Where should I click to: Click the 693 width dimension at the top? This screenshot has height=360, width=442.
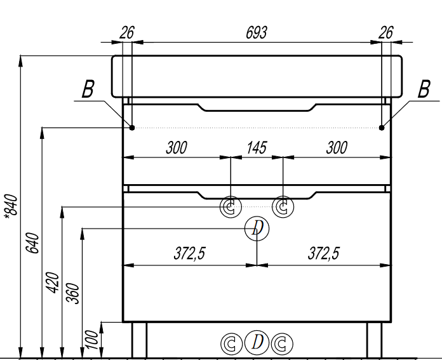256,32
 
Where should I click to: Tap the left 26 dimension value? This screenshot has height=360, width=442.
127,32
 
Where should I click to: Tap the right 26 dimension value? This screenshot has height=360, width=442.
385,32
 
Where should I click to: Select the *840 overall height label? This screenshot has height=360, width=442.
11,206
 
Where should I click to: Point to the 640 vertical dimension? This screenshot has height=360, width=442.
32,243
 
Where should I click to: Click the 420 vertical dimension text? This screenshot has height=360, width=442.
52,283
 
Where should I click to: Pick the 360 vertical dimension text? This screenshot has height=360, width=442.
72,293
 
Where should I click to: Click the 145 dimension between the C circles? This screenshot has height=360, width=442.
257,148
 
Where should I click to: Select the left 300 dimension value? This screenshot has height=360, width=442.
177,148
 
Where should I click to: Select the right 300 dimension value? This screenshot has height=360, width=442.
337,148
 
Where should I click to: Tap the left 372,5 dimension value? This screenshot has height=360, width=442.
189,253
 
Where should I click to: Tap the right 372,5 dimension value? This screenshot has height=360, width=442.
324,253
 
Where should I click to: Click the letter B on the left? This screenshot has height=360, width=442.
88,89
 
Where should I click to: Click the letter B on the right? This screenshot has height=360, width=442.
424,89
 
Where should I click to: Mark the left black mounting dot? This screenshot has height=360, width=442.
132,128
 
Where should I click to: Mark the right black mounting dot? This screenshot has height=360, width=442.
382,128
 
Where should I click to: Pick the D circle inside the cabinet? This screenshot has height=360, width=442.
257,229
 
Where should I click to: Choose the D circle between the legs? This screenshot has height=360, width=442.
257,342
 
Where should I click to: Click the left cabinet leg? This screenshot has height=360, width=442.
139,340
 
